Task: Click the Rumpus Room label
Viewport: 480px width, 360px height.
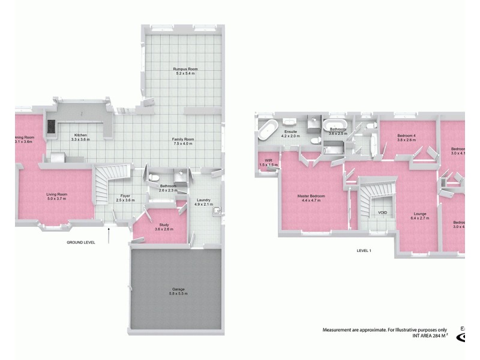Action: [x=185, y=69]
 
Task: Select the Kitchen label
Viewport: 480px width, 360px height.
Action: [x=81, y=135]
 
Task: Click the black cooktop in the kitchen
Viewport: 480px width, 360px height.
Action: [x=50, y=127]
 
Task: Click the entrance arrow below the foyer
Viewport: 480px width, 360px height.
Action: [x=109, y=235]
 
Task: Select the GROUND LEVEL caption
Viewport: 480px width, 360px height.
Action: [x=81, y=242]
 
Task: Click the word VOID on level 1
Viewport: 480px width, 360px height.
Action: [x=382, y=213]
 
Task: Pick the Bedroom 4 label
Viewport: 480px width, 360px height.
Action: [x=406, y=136]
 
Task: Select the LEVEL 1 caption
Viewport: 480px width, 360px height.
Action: [x=364, y=250]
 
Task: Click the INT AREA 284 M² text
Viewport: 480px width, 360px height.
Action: [x=430, y=336]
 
